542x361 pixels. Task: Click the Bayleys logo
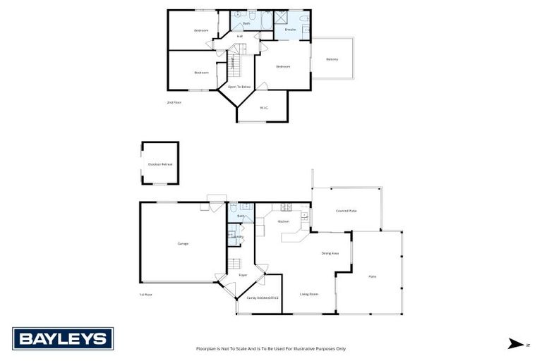pyautogui.click(x=63, y=339)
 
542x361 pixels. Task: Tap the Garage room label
pyautogui.click(x=183, y=243)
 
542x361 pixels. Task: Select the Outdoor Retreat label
pyautogui.click(x=160, y=164)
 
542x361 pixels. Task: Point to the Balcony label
pyautogui.click(x=332, y=59)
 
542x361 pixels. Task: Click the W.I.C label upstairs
pyautogui.click(x=263, y=107)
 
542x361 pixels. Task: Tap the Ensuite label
pyautogui.click(x=290, y=30)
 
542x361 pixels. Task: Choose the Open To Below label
pyautogui.click(x=239, y=87)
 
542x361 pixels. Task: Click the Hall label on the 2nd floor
pyautogui.click(x=239, y=36)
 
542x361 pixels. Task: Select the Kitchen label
pyautogui.click(x=284, y=221)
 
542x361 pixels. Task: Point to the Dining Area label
pyautogui.click(x=330, y=253)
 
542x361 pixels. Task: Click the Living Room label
pyautogui.click(x=309, y=294)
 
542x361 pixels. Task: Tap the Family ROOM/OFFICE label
pyautogui.click(x=263, y=298)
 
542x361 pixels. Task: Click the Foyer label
pyautogui.click(x=243, y=276)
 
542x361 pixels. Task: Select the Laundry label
pyautogui.click(x=239, y=236)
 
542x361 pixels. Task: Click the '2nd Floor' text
pyautogui.click(x=174, y=103)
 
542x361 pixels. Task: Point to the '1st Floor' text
pyautogui.click(x=145, y=294)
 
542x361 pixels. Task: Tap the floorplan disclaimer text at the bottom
pyautogui.click(x=271, y=348)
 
